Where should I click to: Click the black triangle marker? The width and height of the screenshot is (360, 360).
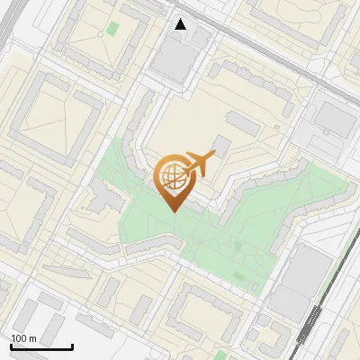[x=181, y=24]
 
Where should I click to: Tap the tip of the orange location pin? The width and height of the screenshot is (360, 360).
[x=171, y=211]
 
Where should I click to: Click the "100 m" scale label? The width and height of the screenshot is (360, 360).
[x=23, y=338]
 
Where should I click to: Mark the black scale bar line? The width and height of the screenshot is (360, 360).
[x=41, y=346]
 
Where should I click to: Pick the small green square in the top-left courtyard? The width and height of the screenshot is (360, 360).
[x=112, y=28]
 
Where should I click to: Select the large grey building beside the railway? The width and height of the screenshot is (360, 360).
[x=302, y=280]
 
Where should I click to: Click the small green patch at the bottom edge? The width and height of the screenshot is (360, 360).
[x=221, y=355]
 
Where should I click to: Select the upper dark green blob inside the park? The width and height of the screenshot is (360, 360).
[x=237, y=246]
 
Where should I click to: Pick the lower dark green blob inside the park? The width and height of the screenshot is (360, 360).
[x=238, y=275]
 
